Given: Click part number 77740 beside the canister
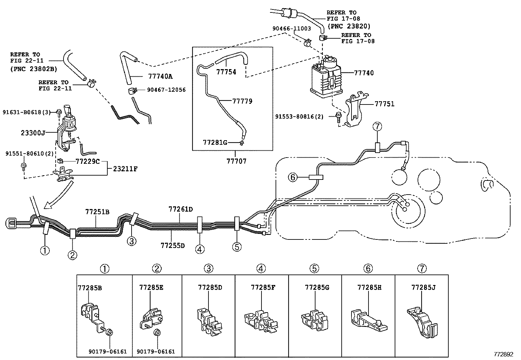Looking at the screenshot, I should [x=364, y=73].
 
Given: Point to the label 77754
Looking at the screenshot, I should [x=226, y=72].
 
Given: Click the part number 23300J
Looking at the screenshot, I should [x=33, y=133].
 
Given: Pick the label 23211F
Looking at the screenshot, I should [x=125, y=169].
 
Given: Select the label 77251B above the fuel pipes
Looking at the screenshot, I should [x=97, y=212].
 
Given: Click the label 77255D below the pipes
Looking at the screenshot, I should [x=173, y=245].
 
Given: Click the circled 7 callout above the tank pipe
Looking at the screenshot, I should [x=377, y=126].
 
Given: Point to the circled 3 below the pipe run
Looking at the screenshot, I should [x=131, y=241].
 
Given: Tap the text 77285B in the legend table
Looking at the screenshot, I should [x=90, y=288].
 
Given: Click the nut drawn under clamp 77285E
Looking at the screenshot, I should [x=157, y=332].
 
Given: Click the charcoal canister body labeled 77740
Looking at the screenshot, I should [x=326, y=77].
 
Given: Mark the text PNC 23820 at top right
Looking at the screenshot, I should [x=349, y=26].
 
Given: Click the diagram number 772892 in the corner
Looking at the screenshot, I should [x=504, y=354].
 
